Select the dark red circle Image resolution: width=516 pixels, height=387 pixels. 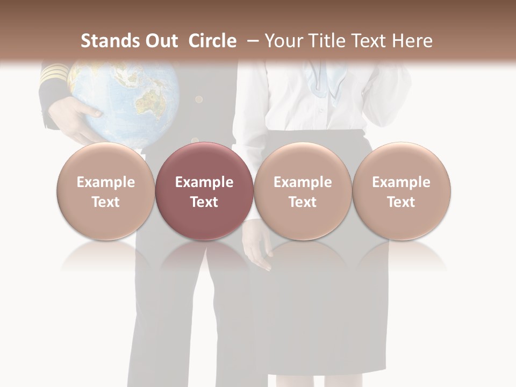tap(204, 191)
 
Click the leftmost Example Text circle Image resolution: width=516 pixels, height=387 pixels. tap(105, 191)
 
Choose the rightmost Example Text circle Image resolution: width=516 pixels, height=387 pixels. tap(401, 191)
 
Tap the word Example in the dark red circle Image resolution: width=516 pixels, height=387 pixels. tap(204, 182)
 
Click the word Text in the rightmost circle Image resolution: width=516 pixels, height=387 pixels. tap(401, 202)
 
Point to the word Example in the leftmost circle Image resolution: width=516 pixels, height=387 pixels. tap(105, 182)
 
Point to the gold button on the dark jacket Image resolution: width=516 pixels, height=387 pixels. tap(199, 99)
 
